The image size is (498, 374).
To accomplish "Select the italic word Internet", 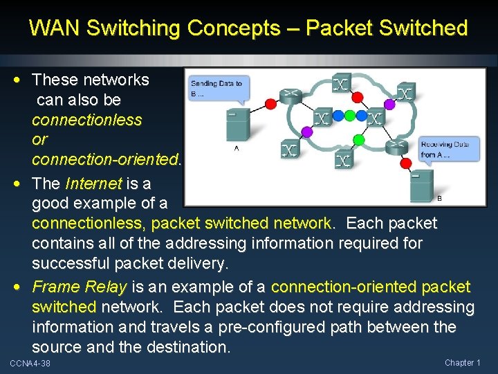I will click(x=93, y=184).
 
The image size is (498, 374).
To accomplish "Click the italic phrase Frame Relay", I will click(x=80, y=287).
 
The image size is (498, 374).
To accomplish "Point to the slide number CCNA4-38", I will click(x=30, y=364).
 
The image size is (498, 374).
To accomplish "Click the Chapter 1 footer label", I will click(x=462, y=363).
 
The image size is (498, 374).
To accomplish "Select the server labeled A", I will click(x=237, y=127).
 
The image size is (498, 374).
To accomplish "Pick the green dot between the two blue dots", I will click(x=349, y=115).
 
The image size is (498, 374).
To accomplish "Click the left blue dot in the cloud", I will click(x=337, y=115).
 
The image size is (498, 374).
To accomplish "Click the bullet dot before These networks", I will click(x=24, y=80).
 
